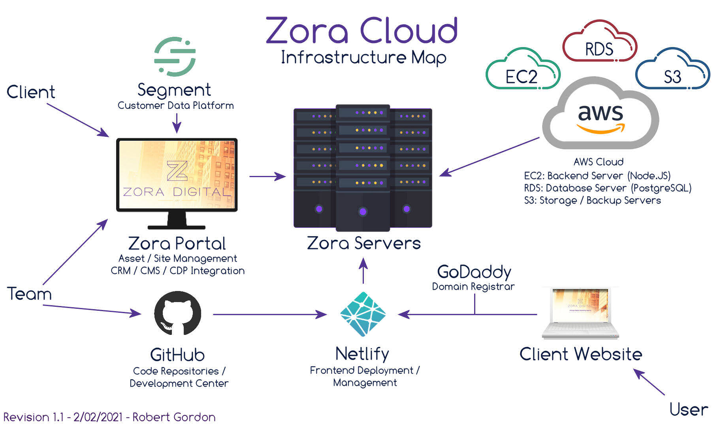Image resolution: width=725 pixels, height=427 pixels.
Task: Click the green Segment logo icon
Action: tap(175, 57)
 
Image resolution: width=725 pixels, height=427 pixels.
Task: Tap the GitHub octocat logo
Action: tap(177, 313)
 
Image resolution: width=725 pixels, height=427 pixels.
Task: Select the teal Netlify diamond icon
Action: tap(363, 314)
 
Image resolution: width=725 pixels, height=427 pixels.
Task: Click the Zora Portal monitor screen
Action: tap(177, 174)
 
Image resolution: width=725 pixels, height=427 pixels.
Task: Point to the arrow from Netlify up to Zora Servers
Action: tap(363, 271)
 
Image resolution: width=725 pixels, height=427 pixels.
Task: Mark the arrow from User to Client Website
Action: tap(649, 382)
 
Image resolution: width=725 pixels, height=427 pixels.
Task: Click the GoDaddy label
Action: tap(474, 272)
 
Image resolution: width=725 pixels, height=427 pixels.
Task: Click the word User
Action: tap(689, 409)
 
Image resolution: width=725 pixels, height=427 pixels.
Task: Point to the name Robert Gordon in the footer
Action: tap(174, 417)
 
